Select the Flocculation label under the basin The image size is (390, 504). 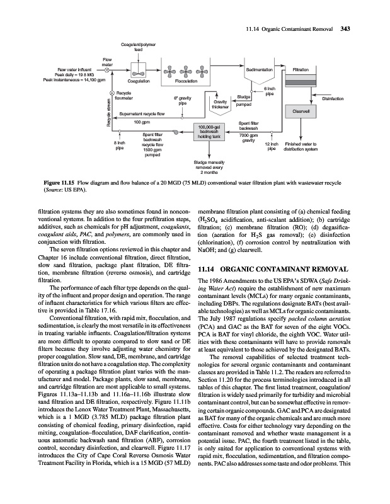[x=186, y=81]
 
